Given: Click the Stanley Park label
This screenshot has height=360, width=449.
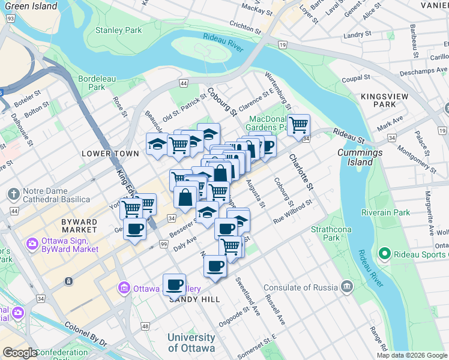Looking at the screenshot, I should pos(118,30).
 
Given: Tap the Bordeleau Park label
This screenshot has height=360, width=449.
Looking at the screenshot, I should pos(92,83).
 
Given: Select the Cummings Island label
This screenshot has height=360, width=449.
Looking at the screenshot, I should pos(360,157).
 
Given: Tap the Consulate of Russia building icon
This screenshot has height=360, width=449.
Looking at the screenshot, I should pos(346,287).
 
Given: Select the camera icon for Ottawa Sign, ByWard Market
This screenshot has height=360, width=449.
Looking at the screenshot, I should pos(31,244).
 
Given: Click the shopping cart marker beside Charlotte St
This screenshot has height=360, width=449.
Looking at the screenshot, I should pos(298,125).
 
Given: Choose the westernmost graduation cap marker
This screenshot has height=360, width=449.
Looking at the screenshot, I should pos(157,144).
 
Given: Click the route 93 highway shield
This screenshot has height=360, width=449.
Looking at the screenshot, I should pos(10,20).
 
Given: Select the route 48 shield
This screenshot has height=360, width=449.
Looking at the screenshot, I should pos(145,326).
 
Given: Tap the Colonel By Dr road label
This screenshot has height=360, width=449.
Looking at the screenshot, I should pos(85,334).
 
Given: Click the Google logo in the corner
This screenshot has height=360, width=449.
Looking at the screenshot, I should pos(20,353).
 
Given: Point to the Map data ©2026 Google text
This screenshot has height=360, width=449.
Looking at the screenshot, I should pos(412,355).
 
